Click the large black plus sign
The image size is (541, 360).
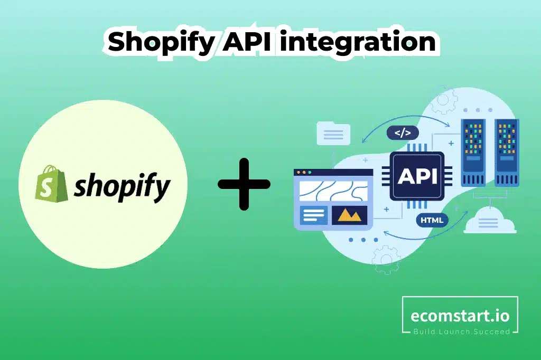point(244,184)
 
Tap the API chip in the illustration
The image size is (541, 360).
point(417,176)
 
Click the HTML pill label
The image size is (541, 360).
point(432,220)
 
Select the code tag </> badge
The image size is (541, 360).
point(403,133)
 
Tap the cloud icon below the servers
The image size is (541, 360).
point(490,221)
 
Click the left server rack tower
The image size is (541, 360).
point(473,152)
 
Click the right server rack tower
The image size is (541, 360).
point(507,152)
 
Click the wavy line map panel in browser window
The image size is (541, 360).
point(333,191)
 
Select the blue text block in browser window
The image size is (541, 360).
point(314,214)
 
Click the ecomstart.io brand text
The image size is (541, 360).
point(460,316)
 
